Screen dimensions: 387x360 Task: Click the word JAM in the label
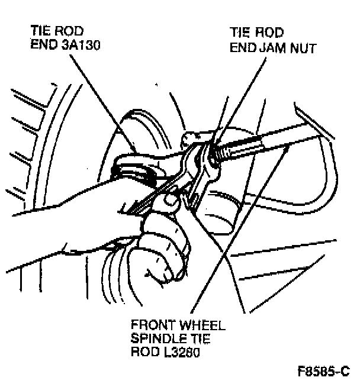pos(265,48)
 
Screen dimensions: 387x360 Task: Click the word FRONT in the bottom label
pos(152,326)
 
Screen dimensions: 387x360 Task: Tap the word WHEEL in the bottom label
pos(199,326)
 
